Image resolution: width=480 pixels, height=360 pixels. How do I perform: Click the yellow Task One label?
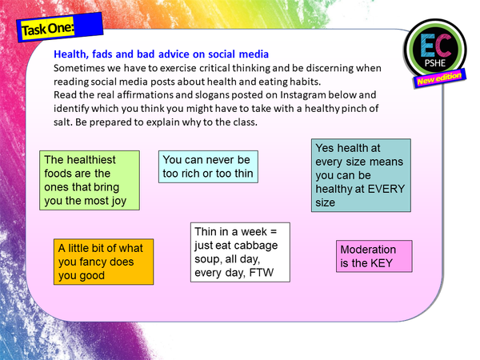(x=49, y=29)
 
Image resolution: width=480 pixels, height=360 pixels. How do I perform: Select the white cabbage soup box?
(x=241, y=252)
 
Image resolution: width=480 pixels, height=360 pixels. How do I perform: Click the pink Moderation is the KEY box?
(x=373, y=256)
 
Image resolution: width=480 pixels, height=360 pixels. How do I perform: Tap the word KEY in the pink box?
(x=380, y=263)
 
